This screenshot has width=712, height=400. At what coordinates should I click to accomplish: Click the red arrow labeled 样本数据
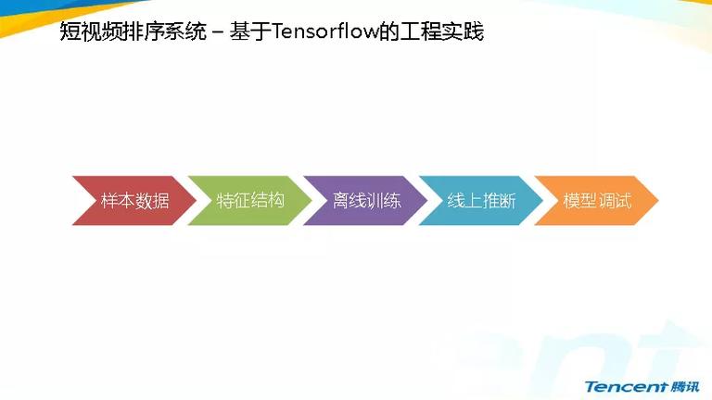point(134,200)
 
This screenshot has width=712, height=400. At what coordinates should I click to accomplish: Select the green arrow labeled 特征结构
point(250,200)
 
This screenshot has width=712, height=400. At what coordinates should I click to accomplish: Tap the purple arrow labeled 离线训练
point(366,200)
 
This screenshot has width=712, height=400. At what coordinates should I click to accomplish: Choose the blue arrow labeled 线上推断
point(482,200)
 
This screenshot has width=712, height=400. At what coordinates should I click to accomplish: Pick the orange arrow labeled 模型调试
point(597,200)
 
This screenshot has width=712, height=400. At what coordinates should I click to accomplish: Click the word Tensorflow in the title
point(325,31)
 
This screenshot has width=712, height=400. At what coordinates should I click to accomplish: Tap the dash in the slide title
point(218,32)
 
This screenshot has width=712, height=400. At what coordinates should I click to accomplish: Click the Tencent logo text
point(626,387)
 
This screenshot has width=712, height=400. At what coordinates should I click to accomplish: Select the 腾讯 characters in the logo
point(685,387)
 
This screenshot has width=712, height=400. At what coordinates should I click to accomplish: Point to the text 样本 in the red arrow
point(118,200)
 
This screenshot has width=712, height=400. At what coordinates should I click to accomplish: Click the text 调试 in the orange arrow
point(615,200)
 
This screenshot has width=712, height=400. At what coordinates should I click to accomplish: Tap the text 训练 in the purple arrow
point(384,200)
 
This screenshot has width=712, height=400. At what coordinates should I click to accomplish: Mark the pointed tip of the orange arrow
point(658,200)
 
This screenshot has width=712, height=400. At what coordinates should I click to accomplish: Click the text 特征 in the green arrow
point(234,200)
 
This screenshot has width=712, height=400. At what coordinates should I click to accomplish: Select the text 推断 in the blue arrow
point(499,200)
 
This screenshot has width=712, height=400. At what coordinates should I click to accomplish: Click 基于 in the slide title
point(250,31)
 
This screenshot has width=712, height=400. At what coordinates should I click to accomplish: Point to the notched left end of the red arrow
point(94,200)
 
